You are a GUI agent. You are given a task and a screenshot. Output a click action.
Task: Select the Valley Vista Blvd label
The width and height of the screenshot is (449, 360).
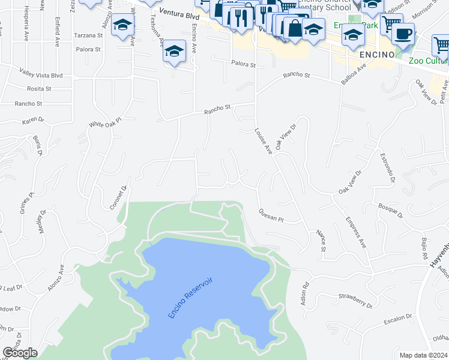(x=41, y=76)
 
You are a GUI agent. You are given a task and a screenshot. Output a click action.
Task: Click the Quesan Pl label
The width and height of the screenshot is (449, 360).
(x=271, y=215)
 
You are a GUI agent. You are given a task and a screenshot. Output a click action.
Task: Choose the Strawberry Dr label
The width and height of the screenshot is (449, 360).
(x=355, y=300)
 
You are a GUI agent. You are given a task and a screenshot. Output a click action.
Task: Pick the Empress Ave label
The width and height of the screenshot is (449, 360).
(x=355, y=235)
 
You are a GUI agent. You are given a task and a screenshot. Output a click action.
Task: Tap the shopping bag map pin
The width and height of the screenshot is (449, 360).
(x=295, y=28)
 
